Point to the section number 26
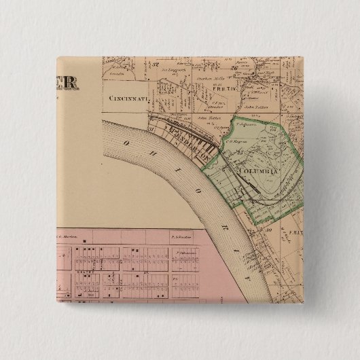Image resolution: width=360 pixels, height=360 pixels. [x=232, y=68]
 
